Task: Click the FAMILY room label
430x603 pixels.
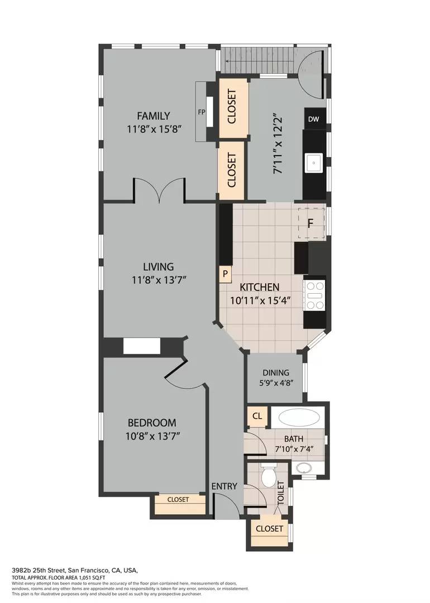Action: [x=154, y=116]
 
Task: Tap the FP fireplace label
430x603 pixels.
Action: [x=201, y=112]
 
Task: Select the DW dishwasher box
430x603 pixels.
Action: [x=313, y=119]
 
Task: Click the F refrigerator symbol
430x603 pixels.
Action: [x=310, y=223]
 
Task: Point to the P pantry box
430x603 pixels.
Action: [x=226, y=274]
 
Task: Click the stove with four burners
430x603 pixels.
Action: [x=314, y=295]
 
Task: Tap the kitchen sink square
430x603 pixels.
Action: [x=314, y=163]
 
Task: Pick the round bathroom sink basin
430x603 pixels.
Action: [x=304, y=468]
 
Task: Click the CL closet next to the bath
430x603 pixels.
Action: [x=257, y=416]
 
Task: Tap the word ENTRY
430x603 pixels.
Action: [x=224, y=486]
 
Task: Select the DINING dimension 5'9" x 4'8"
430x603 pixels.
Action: [x=276, y=382]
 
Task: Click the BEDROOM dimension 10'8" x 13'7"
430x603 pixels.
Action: [x=152, y=436]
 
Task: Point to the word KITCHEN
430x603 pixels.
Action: [x=260, y=288]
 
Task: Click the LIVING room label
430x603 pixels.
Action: [x=159, y=266]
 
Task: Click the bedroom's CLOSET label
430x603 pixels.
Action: [x=178, y=499]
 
